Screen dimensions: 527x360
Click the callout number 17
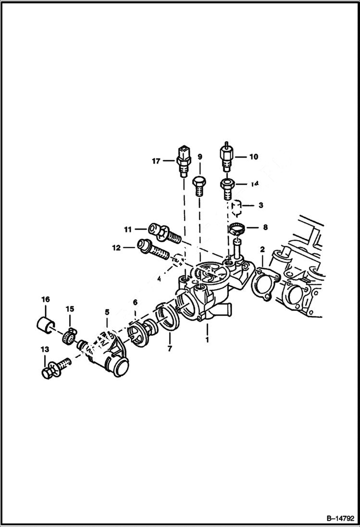[156, 161]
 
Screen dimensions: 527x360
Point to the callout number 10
[253, 156]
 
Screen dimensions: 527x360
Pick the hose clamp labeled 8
[236, 230]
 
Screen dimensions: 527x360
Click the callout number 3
[261, 205]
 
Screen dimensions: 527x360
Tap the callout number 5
[107, 312]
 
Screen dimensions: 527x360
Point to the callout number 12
[116, 248]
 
